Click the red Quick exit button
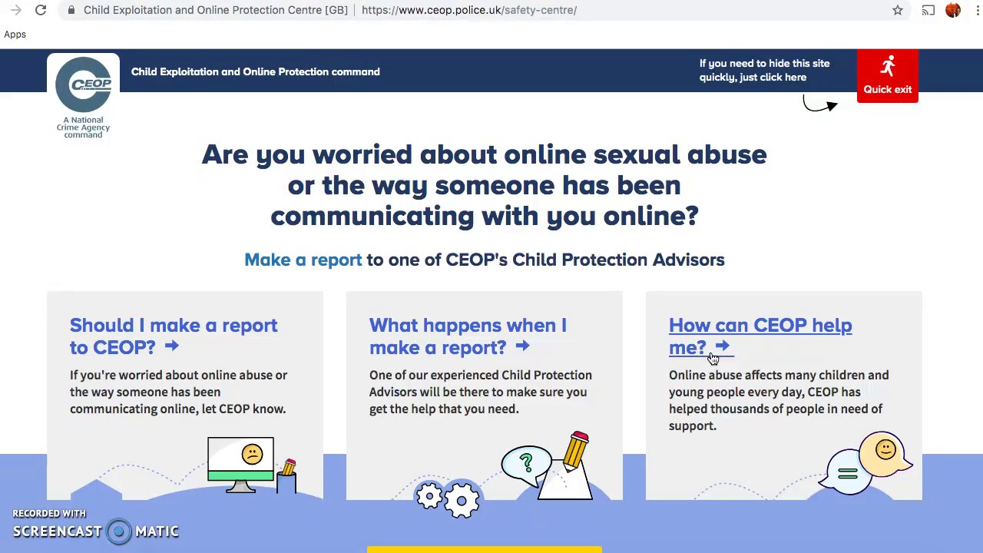pyautogui.click(x=887, y=76)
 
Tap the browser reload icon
pyautogui.click(x=41, y=10)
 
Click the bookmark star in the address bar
pyautogui.click(x=897, y=10)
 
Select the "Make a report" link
pyautogui.click(x=303, y=260)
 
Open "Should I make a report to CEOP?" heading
pyautogui.click(x=174, y=336)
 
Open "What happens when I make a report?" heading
pyautogui.click(x=467, y=336)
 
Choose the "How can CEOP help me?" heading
pyautogui.click(x=760, y=336)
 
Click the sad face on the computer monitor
pyautogui.click(x=252, y=455)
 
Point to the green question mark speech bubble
pyautogui.click(x=526, y=462)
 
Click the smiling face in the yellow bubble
pyautogui.click(x=885, y=449)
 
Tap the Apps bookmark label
pyautogui.click(x=15, y=35)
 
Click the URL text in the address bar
pyautogui.click(x=468, y=10)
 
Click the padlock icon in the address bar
pyautogui.click(x=71, y=10)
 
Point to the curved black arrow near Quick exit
pyautogui.click(x=820, y=105)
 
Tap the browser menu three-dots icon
pyautogui.click(x=977, y=10)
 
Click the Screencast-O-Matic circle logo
pyautogui.click(x=119, y=531)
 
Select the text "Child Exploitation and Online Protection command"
pyautogui.click(x=255, y=71)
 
